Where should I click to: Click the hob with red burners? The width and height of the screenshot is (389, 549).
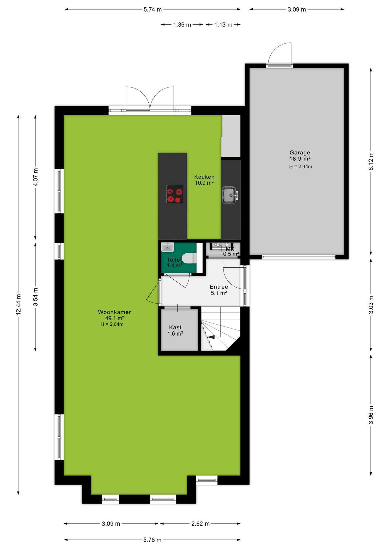[175, 194]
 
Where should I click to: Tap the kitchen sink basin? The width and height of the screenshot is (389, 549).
[229, 195]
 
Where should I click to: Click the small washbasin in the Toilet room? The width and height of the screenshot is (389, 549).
[167, 247]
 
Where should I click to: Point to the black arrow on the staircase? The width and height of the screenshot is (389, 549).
[211, 337]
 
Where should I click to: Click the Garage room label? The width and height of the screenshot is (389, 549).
[300, 153]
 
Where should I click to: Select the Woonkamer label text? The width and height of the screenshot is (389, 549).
[115, 312]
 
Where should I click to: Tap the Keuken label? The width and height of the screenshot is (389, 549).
[204, 177]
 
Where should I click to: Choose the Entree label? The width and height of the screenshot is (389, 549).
[219, 287]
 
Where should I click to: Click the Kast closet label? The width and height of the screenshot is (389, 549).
[175, 327]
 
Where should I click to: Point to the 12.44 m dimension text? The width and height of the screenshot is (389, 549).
[18, 305]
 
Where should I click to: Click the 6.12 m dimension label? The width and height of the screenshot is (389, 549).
[371, 161]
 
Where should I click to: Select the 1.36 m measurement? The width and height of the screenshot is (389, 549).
[182, 25]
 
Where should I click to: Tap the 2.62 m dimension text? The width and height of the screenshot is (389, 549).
[201, 524]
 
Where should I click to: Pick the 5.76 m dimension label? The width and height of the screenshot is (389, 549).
[152, 540]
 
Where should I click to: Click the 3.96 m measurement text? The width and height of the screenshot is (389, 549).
[371, 415]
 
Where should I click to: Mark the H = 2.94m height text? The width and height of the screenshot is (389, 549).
[300, 166]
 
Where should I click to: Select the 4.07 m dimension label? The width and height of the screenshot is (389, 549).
[36, 177]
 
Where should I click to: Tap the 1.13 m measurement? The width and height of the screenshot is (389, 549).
[223, 25]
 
